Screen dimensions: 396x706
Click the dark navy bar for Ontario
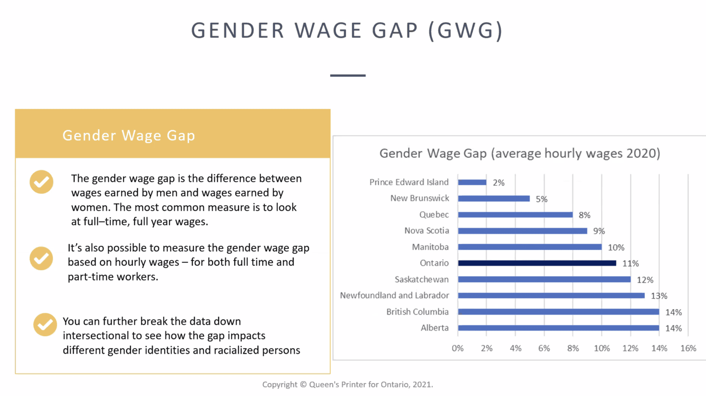point(537,263)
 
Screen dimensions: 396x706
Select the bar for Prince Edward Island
point(472,182)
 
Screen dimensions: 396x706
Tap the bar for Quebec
point(515,215)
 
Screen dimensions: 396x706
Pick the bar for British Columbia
point(558,312)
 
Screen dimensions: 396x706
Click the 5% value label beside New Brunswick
point(541,199)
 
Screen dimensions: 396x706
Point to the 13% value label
point(659,296)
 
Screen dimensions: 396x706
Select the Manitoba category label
point(430,247)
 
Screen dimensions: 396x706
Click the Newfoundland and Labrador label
point(394,295)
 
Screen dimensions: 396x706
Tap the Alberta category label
point(434,328)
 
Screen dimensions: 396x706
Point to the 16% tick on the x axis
point(688,348)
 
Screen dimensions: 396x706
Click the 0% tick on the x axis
point(457,348)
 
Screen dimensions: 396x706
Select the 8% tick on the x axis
point(573,348)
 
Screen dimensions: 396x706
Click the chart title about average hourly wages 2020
point(520,153)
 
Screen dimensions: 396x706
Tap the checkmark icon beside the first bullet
point(42,182)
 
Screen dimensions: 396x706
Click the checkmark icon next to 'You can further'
point(45,324)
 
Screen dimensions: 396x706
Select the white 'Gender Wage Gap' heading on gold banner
point(129,136)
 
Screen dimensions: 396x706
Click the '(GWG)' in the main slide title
point(466,30)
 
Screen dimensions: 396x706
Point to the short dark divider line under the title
point(347,75)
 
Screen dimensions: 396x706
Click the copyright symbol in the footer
point(303,384)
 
